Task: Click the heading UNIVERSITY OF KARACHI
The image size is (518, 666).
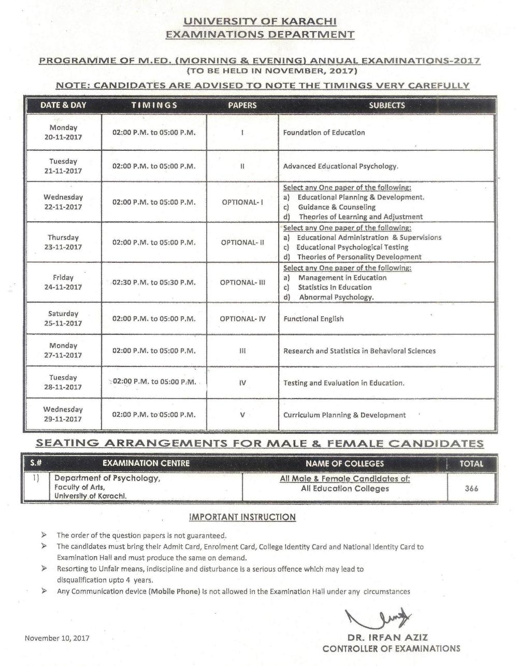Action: click(x=260, y=21)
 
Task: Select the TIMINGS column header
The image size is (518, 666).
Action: click(x=154, y=105)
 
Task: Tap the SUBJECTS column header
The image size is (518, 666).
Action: click(x=387, y=105)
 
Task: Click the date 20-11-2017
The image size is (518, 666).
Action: click(x=63, y=137)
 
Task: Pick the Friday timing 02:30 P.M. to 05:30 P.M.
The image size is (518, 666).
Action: click(x=154, y=282)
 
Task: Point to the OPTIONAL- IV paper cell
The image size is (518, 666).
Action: click(x=242, y=319)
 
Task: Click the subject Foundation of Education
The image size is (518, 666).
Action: click(x=324, y=133)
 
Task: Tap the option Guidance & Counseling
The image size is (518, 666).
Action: click(x=336, y=207)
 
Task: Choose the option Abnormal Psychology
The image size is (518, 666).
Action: click(x=336, y=297)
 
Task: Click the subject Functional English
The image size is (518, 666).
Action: click(x=313, y=319)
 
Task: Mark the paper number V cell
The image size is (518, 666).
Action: click(x=242, y=415)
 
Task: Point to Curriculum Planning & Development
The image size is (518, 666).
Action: click(x=344, y=415)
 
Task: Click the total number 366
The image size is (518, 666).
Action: click(x=471, y=488)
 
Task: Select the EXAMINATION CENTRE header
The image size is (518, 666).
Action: click(x=146, y=463)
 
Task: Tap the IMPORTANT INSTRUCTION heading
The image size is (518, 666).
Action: click(x=242, y=517)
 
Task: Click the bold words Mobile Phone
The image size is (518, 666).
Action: click(x=174, y=591)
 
